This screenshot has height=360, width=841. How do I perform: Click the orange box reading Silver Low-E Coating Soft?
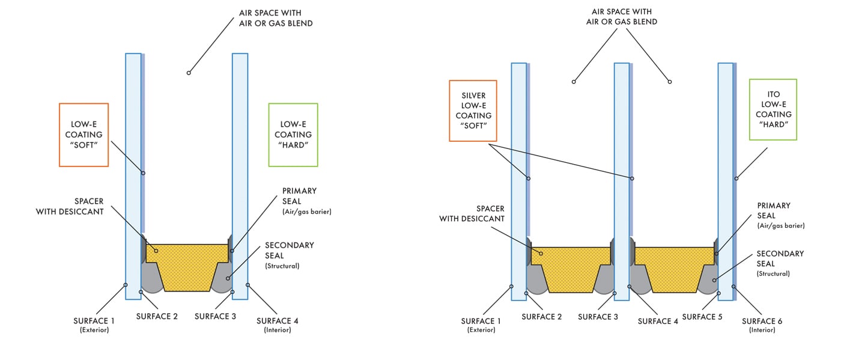(x=473, y=110)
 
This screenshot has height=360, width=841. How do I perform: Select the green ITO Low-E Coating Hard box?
(x=773, y=109)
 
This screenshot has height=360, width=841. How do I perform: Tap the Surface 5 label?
(x=702, y=317)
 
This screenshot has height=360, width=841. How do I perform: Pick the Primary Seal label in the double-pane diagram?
(x=299, y=201)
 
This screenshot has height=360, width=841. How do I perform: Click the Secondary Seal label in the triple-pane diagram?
(x=780, y=263)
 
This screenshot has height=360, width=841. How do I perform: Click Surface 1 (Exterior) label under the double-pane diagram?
(x=94, y=325)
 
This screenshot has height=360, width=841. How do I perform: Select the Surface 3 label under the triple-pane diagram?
(x=598, y=317)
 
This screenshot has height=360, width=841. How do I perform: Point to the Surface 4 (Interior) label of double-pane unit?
(x=278, y=325)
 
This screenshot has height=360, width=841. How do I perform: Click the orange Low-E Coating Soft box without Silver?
(x=83, y=135)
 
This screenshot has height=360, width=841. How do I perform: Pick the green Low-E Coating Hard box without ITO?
(x=293, y=135)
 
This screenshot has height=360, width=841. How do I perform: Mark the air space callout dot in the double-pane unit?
(x=189, y=73)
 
